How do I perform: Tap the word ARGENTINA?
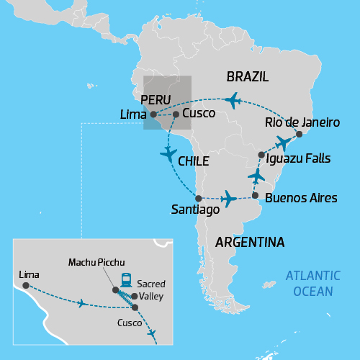[245, 241]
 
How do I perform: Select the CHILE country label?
[193, 161]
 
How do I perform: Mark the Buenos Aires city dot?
[255, 194]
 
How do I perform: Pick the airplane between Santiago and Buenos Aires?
[228, 197]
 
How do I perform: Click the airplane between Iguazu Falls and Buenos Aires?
[256, 176]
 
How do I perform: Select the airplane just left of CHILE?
[168, 153]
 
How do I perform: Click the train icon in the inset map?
[126, 279]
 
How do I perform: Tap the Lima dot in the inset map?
[25, 286]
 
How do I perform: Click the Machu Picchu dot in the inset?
[115, 289]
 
